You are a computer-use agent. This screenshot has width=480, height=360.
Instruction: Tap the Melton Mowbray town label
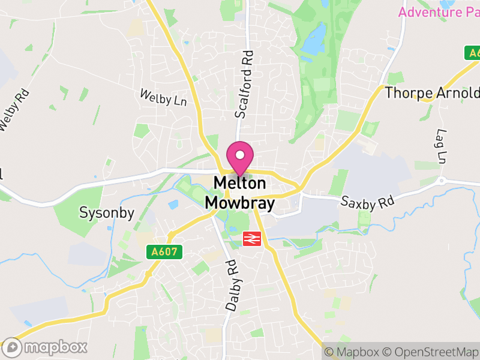[240, 193]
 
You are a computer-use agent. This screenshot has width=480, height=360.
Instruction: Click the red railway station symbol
[251, 239]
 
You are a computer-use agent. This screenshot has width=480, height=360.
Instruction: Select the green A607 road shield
[164, 252]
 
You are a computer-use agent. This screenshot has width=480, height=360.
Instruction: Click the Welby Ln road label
[163, 97]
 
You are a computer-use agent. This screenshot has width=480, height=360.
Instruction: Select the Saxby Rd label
[367, 202]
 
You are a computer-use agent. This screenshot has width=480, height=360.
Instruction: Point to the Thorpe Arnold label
[432, 93]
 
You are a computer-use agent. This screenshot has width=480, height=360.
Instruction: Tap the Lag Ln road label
[443, 146]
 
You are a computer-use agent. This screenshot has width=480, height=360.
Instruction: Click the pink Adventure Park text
[439, 12]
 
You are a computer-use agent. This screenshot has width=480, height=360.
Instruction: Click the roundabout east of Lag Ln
[441, 180]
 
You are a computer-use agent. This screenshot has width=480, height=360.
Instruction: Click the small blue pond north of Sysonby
[173, 205]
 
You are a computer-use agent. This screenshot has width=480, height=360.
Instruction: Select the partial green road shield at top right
[473, 53]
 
